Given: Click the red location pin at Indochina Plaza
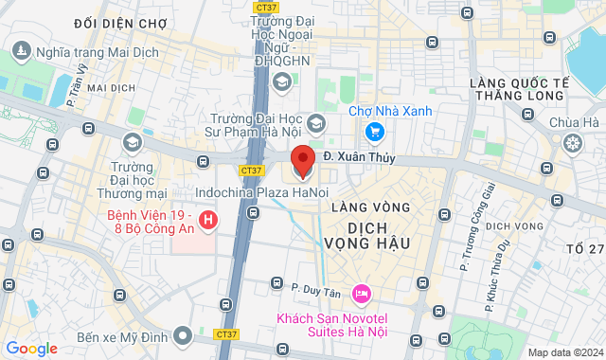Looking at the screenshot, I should coord(302,162).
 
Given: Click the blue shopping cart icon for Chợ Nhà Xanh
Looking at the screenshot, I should coord(375,132).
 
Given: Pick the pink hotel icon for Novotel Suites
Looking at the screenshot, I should coord(360,291).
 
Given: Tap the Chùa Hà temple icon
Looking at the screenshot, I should coord(573,143).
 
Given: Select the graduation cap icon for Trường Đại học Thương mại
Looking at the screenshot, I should coord(133,142).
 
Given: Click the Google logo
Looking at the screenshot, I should coord(31,349).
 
